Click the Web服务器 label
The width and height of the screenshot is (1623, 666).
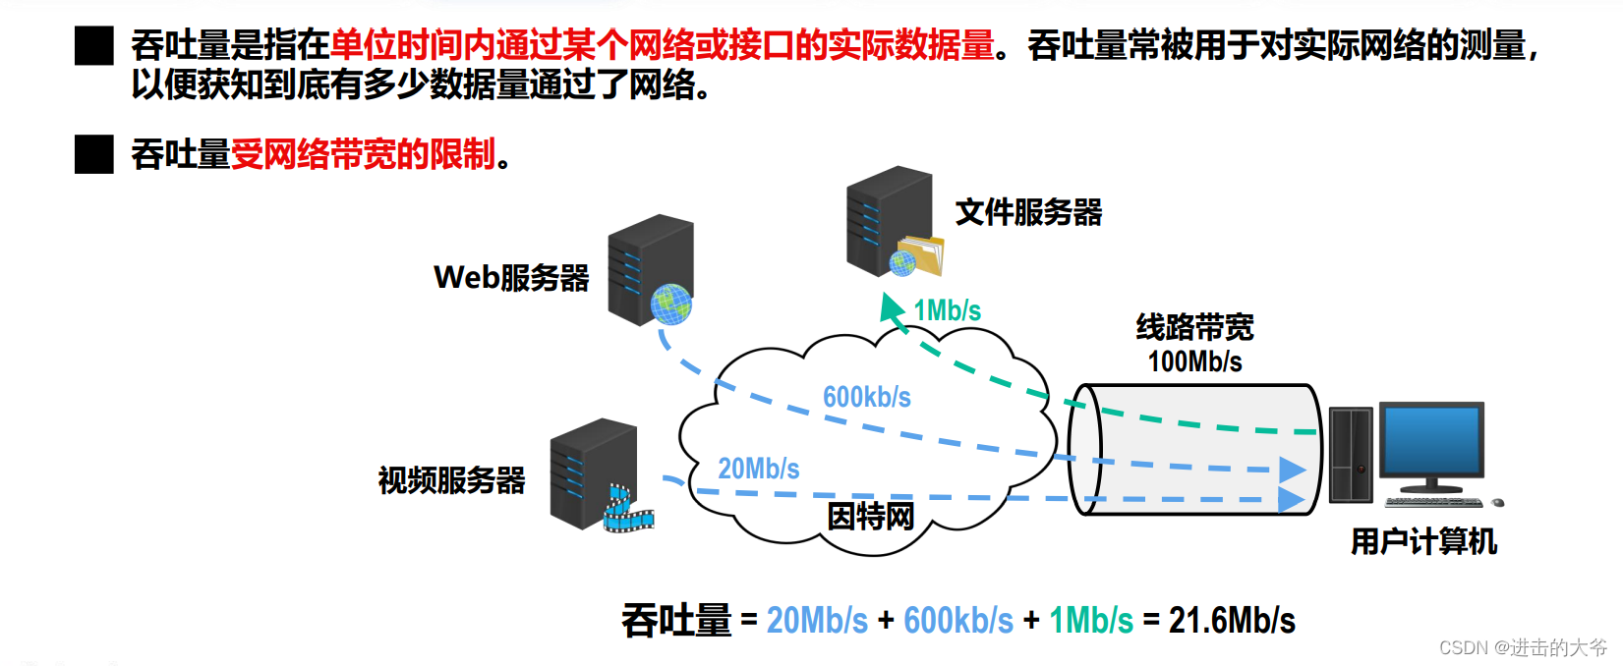[x=511, y=278]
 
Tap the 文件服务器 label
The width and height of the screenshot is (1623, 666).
[x=1028, y=212]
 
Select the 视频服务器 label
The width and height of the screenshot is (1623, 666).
[x=451, y=480]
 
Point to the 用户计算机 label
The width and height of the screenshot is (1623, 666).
[x=1423, y=541]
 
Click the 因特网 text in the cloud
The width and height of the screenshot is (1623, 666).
[x=870, y=516]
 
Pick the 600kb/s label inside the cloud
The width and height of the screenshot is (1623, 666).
[x=866, y=397]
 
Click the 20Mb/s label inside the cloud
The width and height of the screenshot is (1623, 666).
[x=758, y=469]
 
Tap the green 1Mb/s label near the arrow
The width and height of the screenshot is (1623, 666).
[x=947, y=310]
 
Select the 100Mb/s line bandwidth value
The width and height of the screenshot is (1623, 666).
[x=1194, y=361]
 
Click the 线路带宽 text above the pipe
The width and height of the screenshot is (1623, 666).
[x=1194, y=327]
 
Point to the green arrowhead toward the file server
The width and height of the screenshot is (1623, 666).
[x=891, y=307]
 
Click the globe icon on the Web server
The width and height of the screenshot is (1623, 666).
[x=671, y=305]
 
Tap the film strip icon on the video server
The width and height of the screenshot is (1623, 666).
[x=627, y=509]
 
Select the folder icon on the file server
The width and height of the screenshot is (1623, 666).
[x=921, y=254]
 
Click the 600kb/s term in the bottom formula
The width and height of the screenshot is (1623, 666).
[x=957, y=621]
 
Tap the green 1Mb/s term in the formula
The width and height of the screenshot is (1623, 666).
[x=1091, y=621]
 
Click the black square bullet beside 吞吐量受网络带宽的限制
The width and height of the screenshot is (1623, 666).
[x=94, y=154]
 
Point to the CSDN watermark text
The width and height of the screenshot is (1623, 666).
[x=1522, y=647]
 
